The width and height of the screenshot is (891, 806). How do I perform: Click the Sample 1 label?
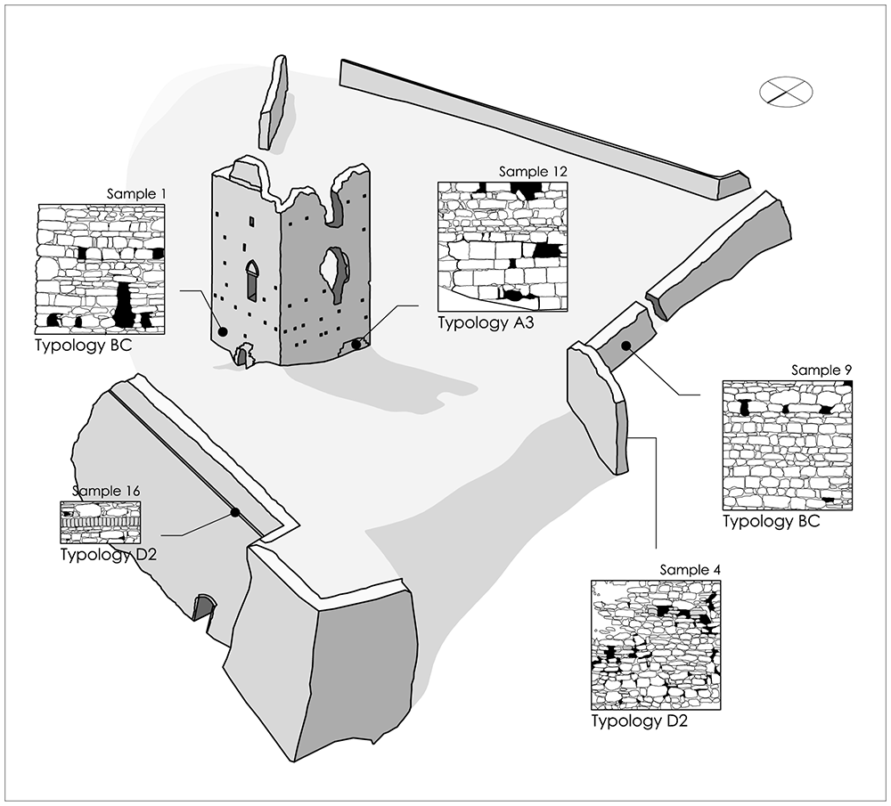click(x=136, y=194)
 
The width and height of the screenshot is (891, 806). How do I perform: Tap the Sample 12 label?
click(x=533, y=172)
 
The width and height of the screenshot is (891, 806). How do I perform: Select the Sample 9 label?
click(x=822, y=370)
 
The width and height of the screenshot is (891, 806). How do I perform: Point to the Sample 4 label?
click(x=690, y=570)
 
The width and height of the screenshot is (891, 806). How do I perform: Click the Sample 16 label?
click(x=106, y=491)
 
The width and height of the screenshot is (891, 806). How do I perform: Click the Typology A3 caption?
click(x=486, y=322)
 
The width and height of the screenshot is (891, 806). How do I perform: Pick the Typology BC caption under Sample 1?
click(x=84, y=346)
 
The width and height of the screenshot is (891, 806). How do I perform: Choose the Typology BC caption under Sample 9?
click(x=771, y=521)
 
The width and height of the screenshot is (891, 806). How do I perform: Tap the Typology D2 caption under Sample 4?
click(x=639, y=721)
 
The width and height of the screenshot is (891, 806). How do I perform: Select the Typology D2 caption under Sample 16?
click(x=108, y=554)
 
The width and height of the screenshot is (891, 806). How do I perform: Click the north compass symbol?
click(x=786, y=92)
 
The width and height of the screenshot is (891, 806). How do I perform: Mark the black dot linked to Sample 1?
click(x=223, y=331)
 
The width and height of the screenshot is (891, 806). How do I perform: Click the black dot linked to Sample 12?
click(x=356, y=344)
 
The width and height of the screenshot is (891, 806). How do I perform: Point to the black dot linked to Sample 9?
click(x=625, y=346)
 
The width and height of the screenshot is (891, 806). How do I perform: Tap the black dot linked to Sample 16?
click(x=234, y=512)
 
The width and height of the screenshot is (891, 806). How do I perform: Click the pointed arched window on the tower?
click(x=251, y=280)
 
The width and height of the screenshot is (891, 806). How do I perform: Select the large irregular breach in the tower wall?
click(x=335, y=273)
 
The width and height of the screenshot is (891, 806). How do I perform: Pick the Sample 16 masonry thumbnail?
click(x=101, y=522)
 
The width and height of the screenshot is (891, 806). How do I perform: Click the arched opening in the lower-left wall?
click(x=203, y=607)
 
